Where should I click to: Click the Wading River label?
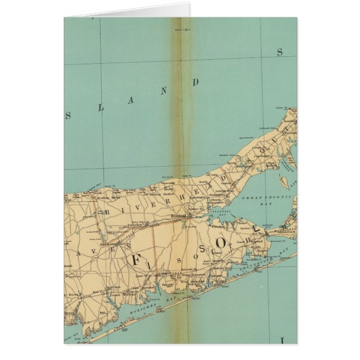(x=109, y=197)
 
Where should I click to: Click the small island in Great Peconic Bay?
(x=284, y=181)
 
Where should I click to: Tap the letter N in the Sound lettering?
(x=164, y=92)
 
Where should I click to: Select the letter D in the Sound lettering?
(x=196, y=82)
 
